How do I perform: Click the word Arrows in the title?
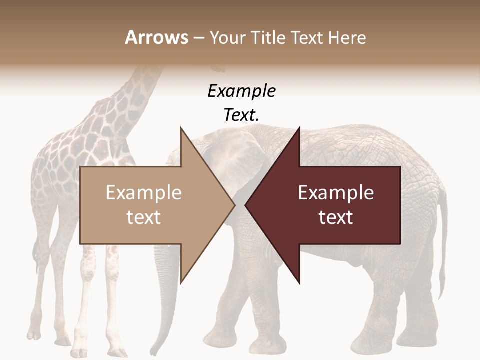tap(156, 37)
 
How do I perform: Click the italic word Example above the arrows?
tap(241, 91)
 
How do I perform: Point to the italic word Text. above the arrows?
tap(241, 115)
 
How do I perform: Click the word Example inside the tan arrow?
tap(144, 193)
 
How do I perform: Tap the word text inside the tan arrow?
tap(144, 217)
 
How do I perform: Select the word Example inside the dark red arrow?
tap(336, 193)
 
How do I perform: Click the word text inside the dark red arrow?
tap(336, 217)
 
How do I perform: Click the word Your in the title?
tap(226, 37)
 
